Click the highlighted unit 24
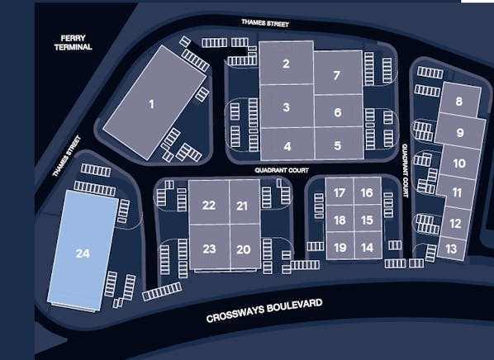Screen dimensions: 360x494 point(82,252)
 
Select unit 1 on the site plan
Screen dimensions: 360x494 point(152,104)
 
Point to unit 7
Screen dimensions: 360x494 point(337,76)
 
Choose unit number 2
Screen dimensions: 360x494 point(286,64)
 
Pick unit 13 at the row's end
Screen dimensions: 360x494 point(450,248)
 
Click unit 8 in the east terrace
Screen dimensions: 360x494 point(460,102)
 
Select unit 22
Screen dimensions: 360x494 point(209,206)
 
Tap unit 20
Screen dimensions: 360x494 point(243,249)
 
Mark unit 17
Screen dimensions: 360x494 point(340,192)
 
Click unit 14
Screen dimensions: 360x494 point(368,247)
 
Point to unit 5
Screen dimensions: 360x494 point(338,145)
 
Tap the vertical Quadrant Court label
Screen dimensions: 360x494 point(406,170)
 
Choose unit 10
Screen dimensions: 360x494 point(459,163)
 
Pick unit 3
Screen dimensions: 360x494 point(286,107)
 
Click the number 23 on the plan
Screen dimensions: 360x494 point(209,249)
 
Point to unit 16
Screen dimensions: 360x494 point(368,192)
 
